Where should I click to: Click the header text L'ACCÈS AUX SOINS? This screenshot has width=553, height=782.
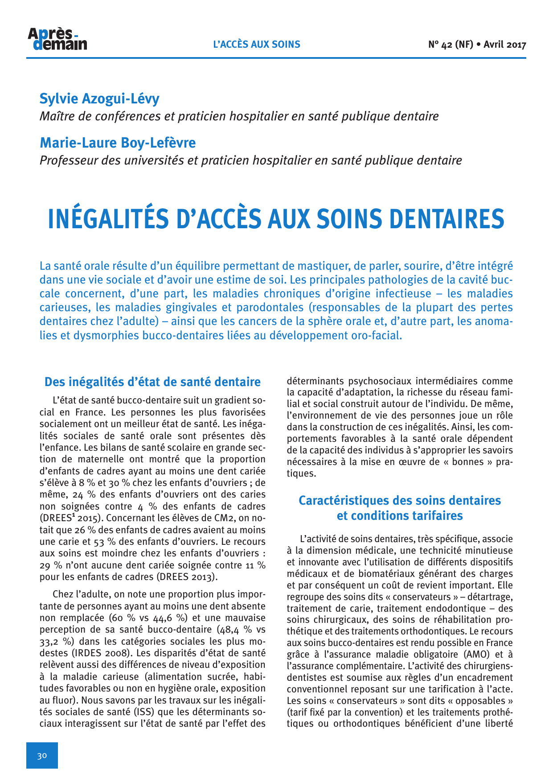[257, 45]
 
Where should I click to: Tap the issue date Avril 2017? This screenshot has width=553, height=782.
[505, 45]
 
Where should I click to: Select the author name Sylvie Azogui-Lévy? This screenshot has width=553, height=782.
[99, 99]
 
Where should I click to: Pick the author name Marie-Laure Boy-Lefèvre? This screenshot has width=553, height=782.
[118, 143]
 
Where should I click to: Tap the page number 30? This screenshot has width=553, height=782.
[42, 755]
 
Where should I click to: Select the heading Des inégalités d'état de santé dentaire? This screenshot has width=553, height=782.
[152, 382]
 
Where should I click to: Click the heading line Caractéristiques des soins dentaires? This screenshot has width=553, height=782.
[400, 501]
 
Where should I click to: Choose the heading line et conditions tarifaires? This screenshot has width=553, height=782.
[400, 516]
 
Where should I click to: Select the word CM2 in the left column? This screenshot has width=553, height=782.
[229, 519]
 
